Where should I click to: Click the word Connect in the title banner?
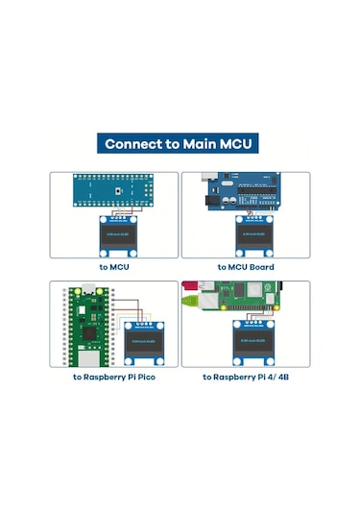pyautogui.click(x=131, y=145)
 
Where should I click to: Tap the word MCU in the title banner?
pyautogui.click(x=236, y=145)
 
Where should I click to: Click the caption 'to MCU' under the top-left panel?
pyautogui.click(x=114, y=267)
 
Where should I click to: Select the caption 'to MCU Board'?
pyautogui.click(x=246, y=267)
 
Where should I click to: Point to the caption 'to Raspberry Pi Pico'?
pyautogui.click(x=114, y=378)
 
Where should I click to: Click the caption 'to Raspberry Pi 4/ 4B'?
pyautogui.click(x=246, y=378)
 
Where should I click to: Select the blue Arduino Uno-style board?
pyautogui.click(x=246, y=191)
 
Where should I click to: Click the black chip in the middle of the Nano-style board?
pyautogui.click(x=116, y=190)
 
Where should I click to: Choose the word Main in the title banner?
pyautogui.click(x=197, y=145)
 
